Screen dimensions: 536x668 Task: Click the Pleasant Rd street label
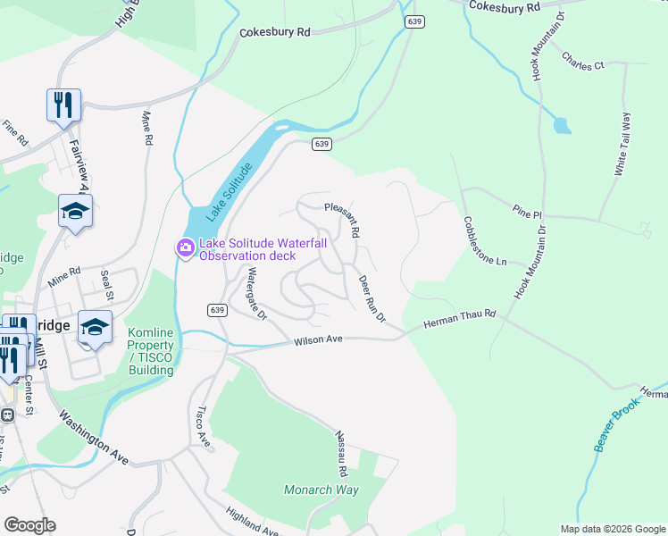pos(342,220)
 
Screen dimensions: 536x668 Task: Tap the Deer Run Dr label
pos(372,298)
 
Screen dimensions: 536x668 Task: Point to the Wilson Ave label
pos(320,339)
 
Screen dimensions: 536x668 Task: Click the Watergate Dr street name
pos(257,294)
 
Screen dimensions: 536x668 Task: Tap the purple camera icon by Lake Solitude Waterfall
pos(185,247)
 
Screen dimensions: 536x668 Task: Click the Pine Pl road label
pos(527,214)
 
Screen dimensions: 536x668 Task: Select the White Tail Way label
pos(625,143)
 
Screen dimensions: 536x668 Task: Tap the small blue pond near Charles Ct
pos(562,125)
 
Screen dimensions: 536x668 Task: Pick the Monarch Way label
pos(321,490)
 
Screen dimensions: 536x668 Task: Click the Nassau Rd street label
pos(340,453)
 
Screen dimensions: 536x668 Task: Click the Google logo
pos(29,525)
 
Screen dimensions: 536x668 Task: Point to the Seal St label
pos(107,285)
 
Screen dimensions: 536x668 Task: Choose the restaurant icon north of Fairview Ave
pos(64,105)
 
